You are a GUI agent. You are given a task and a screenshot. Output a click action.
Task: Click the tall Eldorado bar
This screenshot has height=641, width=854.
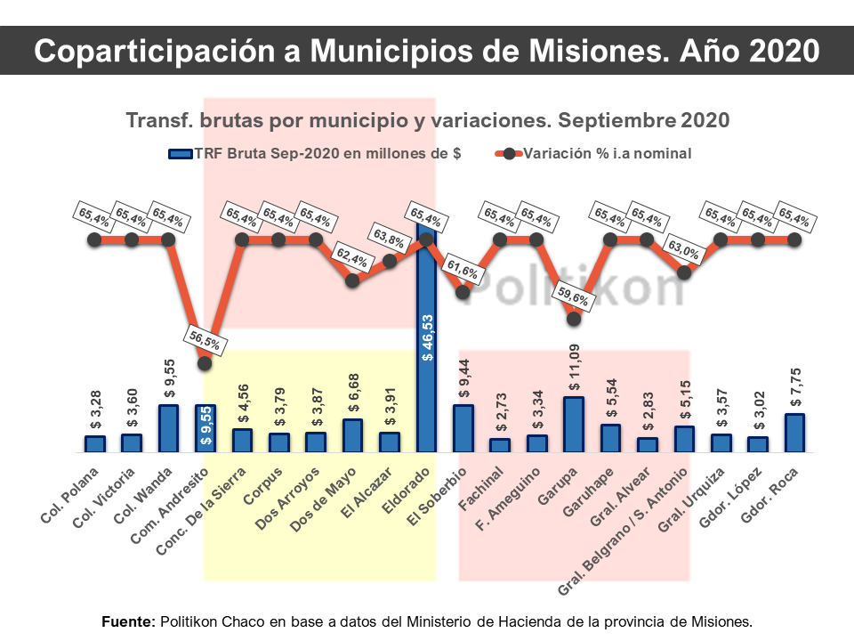(x=426, y=338)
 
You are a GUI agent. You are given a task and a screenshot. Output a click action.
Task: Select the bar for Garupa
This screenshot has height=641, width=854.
(x=574, y=425)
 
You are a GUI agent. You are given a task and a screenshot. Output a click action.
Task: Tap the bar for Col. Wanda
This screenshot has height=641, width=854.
(x=168, y=428)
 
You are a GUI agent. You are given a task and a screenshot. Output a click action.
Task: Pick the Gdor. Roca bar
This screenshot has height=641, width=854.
(x=794, y=433)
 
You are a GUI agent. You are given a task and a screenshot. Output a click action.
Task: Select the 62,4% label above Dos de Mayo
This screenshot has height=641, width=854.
(x=352, y=256)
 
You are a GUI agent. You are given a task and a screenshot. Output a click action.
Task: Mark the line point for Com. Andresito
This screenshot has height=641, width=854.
(x=205, y=362)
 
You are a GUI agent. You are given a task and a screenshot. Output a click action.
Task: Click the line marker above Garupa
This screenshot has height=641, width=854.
(x=574, y=318)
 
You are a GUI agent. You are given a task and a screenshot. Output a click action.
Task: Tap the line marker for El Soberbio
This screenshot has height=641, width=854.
(x=463, y=291)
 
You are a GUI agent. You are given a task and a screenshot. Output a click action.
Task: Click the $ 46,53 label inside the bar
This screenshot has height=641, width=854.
(x=427, y=337)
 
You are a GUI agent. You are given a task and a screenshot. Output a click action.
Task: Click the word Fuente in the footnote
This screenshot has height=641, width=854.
(x=129, y=620)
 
